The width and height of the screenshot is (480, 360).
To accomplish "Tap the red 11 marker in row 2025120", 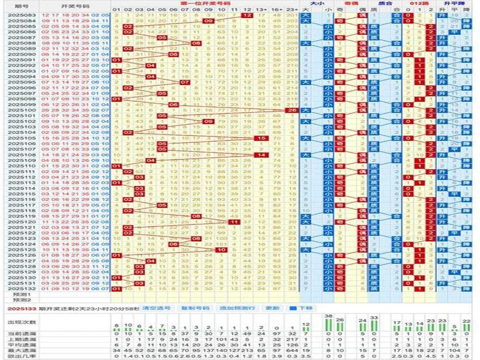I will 233,222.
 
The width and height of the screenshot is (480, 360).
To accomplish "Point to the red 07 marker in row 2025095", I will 185,83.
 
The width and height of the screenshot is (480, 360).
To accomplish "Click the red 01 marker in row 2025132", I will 116,289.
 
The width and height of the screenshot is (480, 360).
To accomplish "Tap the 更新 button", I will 272,307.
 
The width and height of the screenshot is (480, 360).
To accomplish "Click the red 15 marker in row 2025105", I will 260,139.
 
